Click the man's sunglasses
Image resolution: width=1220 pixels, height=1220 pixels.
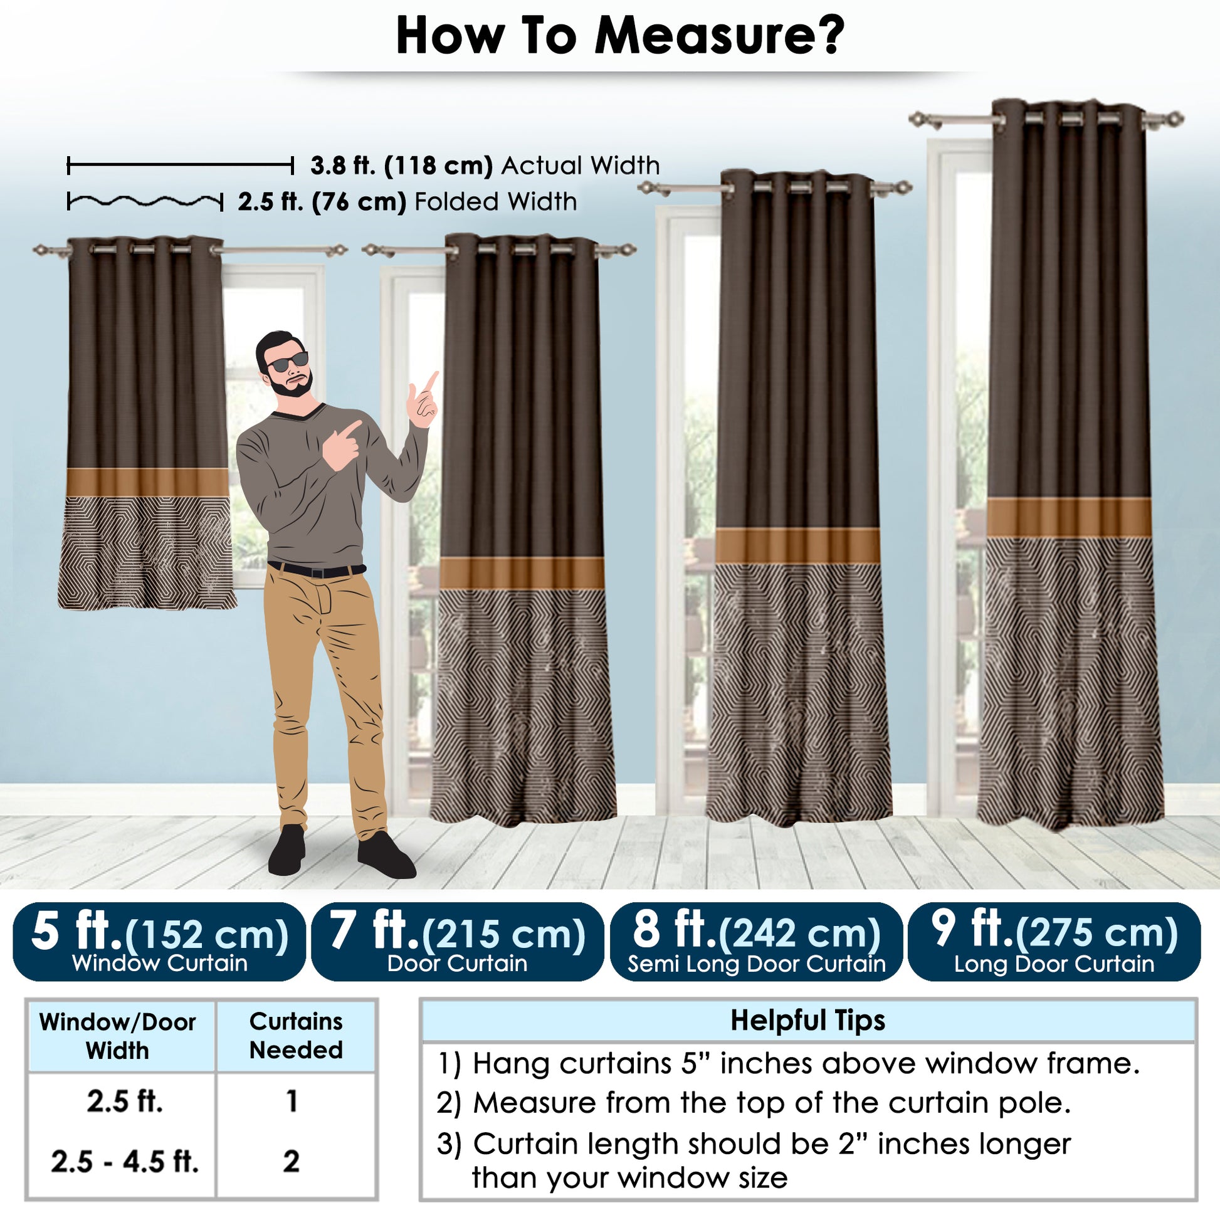pos(288,362)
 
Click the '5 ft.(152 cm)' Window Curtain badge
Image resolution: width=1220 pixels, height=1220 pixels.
pos(159,942)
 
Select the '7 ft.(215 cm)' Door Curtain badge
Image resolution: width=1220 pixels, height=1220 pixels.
pos(457,942)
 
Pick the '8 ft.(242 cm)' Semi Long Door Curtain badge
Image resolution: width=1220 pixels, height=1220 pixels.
pos(756,942)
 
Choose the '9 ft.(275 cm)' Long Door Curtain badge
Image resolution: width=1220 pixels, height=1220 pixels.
pos(1054,942)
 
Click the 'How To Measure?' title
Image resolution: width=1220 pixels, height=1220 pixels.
pos(619,36)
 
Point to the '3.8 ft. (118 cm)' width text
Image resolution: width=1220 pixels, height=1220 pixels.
pos(401,166)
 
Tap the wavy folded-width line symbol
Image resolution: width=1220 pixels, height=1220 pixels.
pos(145,202)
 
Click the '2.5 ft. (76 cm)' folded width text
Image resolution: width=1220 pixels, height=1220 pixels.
pos(322,202)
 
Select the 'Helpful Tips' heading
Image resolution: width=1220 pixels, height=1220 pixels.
pos(807,1021)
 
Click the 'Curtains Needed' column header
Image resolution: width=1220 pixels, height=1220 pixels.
pos(295,1036)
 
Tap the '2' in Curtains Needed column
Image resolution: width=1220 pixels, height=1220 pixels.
pos(291,1161)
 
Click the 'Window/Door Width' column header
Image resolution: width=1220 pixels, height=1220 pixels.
pos(117,1036)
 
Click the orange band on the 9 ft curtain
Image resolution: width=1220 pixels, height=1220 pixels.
pos(1069,518)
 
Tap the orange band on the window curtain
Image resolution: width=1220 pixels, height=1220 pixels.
pos(148,483)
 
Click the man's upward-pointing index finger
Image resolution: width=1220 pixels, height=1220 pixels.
pos(431,380)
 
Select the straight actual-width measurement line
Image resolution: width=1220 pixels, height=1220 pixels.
pos(180,166)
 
